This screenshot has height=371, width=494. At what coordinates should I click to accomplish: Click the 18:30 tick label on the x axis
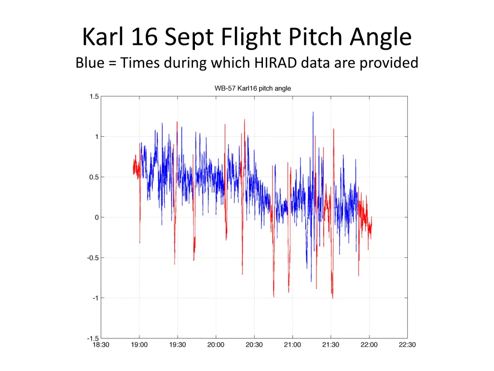coord(101,344)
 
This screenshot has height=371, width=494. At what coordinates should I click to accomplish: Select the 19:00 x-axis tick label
coord(139,344)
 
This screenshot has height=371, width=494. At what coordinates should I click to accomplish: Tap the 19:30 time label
coord(178,344)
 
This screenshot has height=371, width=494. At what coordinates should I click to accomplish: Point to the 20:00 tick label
coord(216,344)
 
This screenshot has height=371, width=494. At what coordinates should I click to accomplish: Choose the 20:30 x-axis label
coord(254,344)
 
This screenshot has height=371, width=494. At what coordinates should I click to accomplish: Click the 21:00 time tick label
coord(292,344)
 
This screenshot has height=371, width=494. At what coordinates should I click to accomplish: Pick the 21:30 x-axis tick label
coord(330,344)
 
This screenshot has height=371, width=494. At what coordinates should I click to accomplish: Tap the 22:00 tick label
coord(369,344)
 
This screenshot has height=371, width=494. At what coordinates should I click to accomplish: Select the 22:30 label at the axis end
coord(407,344)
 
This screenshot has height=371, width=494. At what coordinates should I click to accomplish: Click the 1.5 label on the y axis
coord(94,96)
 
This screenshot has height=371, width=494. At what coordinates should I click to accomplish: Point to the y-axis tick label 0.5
coord(94,177)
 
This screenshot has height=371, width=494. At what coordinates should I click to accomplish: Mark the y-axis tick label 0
coord(96,217)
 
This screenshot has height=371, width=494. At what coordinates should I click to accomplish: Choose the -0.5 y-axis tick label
coord(93,257)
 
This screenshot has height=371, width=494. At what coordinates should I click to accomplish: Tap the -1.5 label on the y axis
coord(93,338)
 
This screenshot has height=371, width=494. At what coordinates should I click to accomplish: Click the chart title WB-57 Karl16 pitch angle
coord(252,88)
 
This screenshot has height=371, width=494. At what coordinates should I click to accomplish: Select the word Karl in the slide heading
coord(102,37)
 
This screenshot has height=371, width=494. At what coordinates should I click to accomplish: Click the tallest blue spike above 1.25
coord(313,112)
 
